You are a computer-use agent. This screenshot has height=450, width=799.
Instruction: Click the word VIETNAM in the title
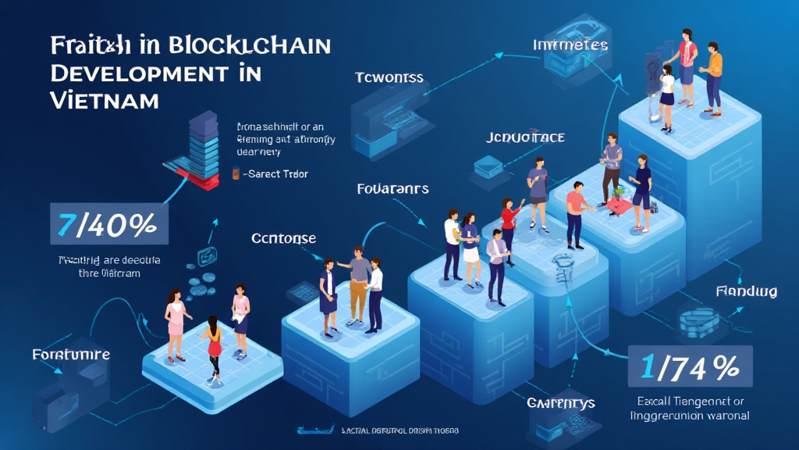pos(104,100)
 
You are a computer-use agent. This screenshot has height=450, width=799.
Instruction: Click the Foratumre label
pos(71,355)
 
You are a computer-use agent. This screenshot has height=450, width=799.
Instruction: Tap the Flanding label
pos(746,291)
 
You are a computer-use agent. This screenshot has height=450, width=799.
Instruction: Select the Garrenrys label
pos(561,403)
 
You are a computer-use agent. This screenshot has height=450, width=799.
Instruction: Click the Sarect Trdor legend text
pos(276,174)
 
